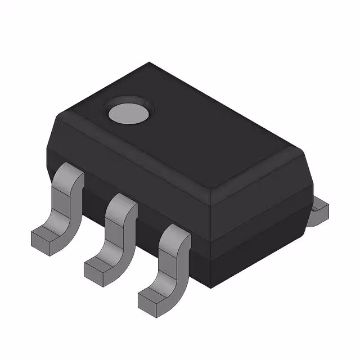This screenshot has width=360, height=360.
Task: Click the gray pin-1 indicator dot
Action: click(x=129, y=112)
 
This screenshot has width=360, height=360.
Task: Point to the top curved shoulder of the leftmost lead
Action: click(x=70, y=174)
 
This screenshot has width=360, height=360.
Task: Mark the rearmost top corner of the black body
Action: click(x=149, y=64)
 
